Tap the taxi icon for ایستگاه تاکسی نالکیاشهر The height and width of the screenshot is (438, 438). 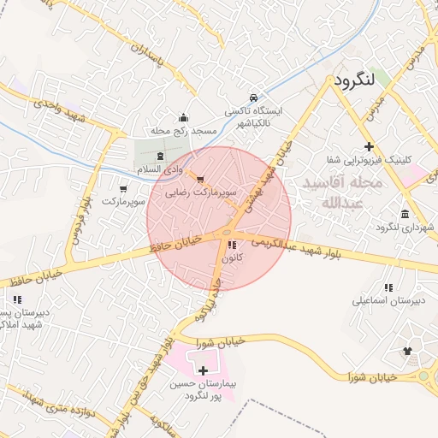tap(253, 98)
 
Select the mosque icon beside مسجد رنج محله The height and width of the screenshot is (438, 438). tap(182, 118)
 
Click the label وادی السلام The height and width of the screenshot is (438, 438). tap(162, 171)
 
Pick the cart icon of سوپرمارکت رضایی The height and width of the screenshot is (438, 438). tap(200, 180)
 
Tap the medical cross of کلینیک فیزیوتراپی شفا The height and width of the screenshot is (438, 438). tap(369, 146)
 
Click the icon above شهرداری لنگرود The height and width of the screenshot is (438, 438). tap(404, 213)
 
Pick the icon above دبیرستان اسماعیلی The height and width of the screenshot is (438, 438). tap(389, 288)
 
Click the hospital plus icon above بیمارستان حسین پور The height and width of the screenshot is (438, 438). tap(203, 370)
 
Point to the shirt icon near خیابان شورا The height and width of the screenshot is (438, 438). tap(406, 351)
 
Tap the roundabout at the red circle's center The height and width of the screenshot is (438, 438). tap(227, 232)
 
